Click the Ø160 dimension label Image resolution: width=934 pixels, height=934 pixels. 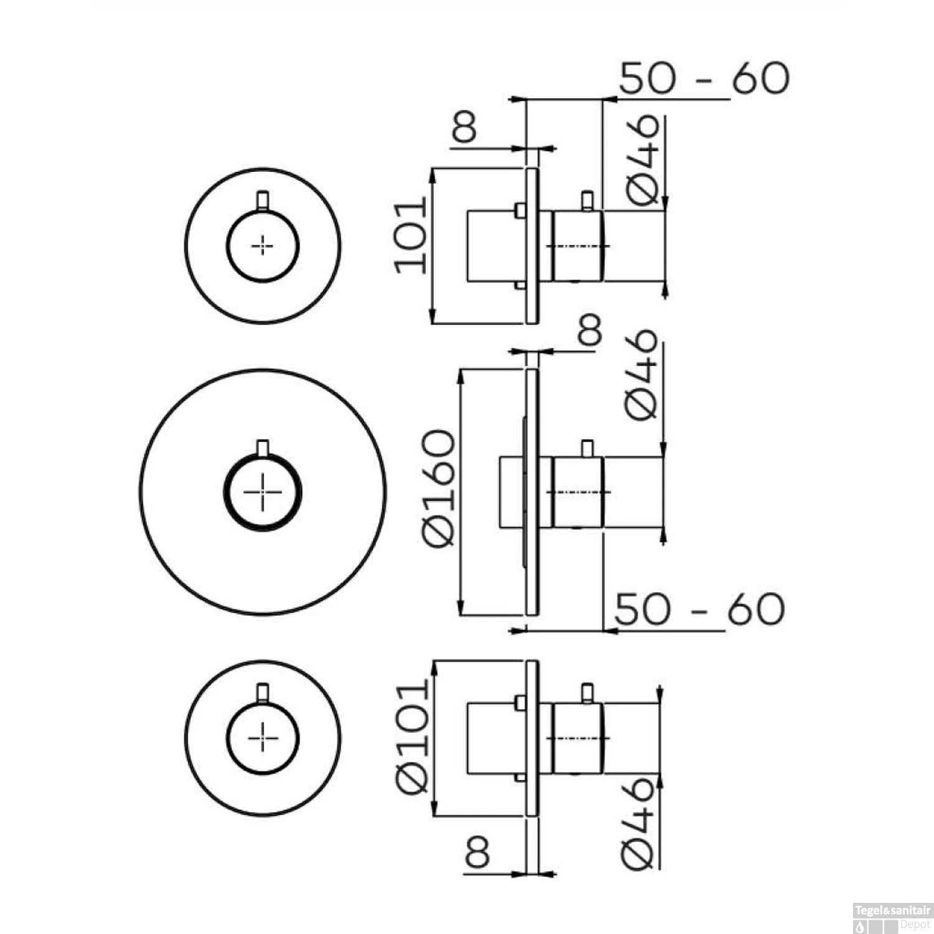tap(439, 488)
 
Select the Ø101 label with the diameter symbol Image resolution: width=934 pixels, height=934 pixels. tap(413, 737)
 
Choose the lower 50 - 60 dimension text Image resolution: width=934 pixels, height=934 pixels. tap(700, 608)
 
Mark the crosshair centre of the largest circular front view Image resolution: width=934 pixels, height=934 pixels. tap(263, 491)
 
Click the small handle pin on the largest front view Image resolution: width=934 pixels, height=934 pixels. tap(263, 448)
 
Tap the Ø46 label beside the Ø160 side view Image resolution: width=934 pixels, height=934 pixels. tap(641, 374)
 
